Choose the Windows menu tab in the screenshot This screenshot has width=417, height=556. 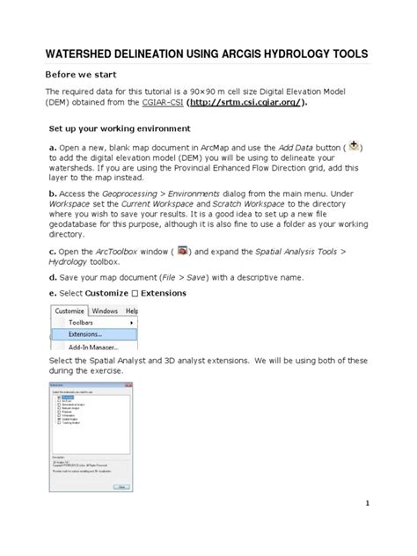[x=105, y=311]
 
